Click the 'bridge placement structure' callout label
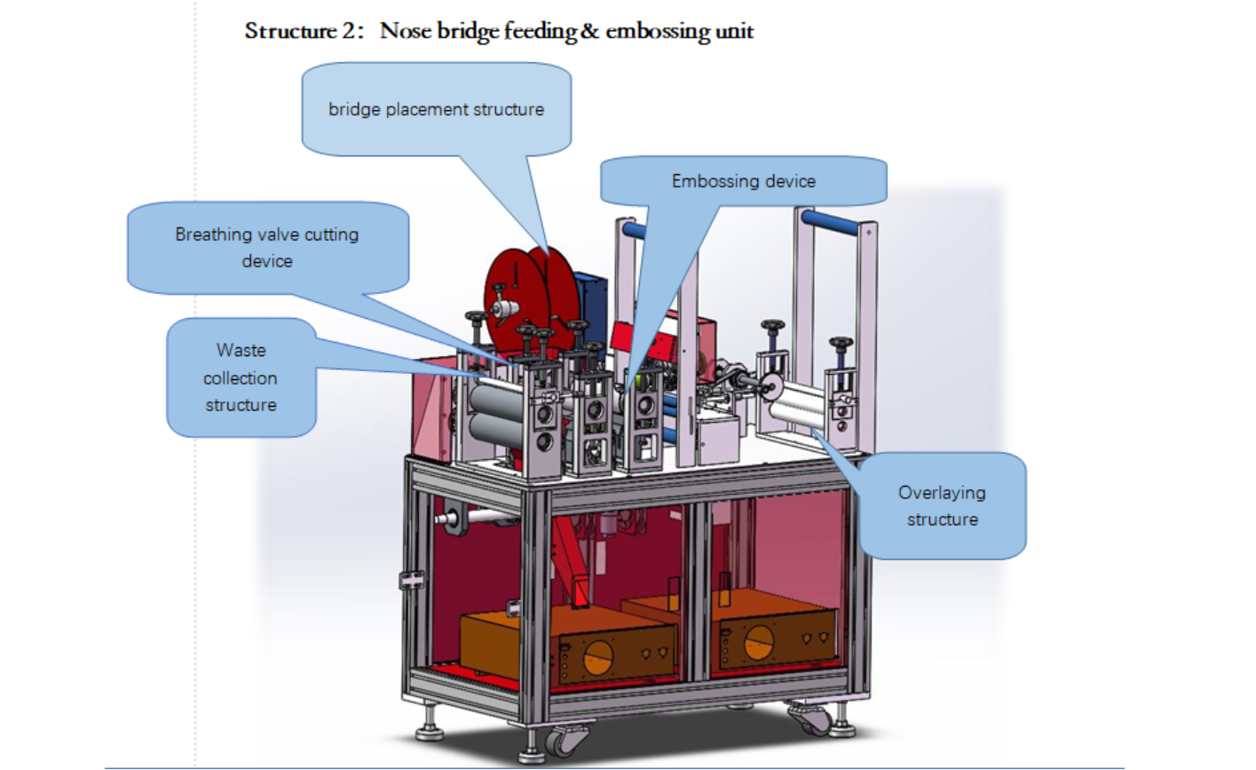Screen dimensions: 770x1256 (x=436, y=109)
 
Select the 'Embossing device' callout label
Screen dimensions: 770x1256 (x=743, y=181)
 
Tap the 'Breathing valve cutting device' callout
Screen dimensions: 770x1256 (x=267, y=247)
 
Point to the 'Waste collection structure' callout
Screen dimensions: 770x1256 (x=241, y=377)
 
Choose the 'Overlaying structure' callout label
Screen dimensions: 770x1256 (x=942, y=505)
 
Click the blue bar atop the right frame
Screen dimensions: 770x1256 (x=831, y=222)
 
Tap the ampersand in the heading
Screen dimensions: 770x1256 (x=590, y=31)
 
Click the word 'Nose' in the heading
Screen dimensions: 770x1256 (x=405, y=31)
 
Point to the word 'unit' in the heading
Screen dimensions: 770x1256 (x=735, y=31)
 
